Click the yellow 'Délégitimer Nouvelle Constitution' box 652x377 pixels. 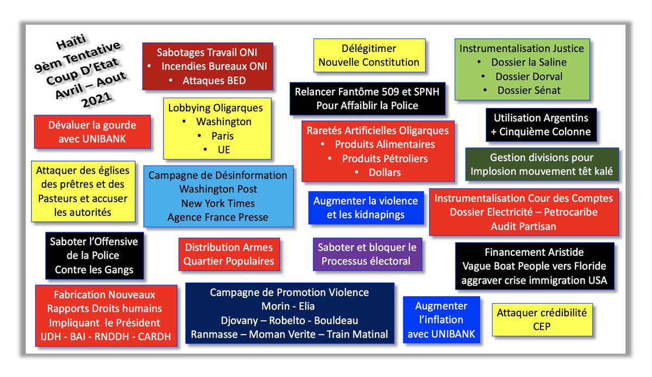coord(369,55)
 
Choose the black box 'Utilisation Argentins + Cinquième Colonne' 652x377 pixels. coord(541,125)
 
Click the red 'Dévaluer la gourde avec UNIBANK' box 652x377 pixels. coord(92,132)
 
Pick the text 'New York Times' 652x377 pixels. coord(218,203)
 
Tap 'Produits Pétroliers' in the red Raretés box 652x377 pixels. coord(385,159)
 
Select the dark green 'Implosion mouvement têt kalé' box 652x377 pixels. coord(542,165)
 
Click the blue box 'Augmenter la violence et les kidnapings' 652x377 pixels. coord(365,208)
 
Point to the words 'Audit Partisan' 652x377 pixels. coord(523,226)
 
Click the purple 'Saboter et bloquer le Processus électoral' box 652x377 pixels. coord(368,254)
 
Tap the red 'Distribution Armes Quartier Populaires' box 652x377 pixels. coord(229,254)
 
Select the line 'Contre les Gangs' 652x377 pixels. coord(94,270)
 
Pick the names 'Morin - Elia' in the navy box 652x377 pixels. coord(289,306)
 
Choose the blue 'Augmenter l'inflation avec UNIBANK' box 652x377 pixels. coord(441,320)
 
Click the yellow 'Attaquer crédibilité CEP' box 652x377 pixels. coord(542,320)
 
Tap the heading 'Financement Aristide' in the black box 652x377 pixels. coord(534,252)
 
